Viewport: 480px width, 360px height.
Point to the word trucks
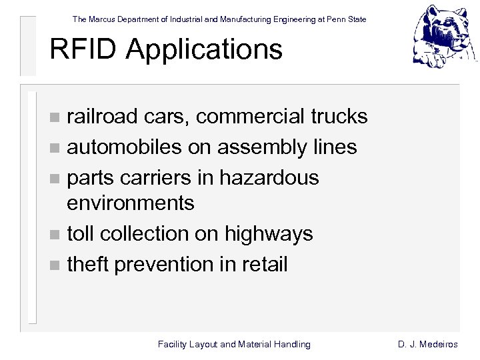click(x=339, y=117)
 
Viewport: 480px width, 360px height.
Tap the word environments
click(x=131, y=203)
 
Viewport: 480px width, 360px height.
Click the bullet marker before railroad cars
click(x=55, y=118)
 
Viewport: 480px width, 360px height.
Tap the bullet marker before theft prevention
click(x=55, y=265)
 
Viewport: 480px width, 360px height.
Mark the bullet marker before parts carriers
click(x=55, y=179)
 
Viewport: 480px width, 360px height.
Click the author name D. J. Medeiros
click(x=428, y=345)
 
